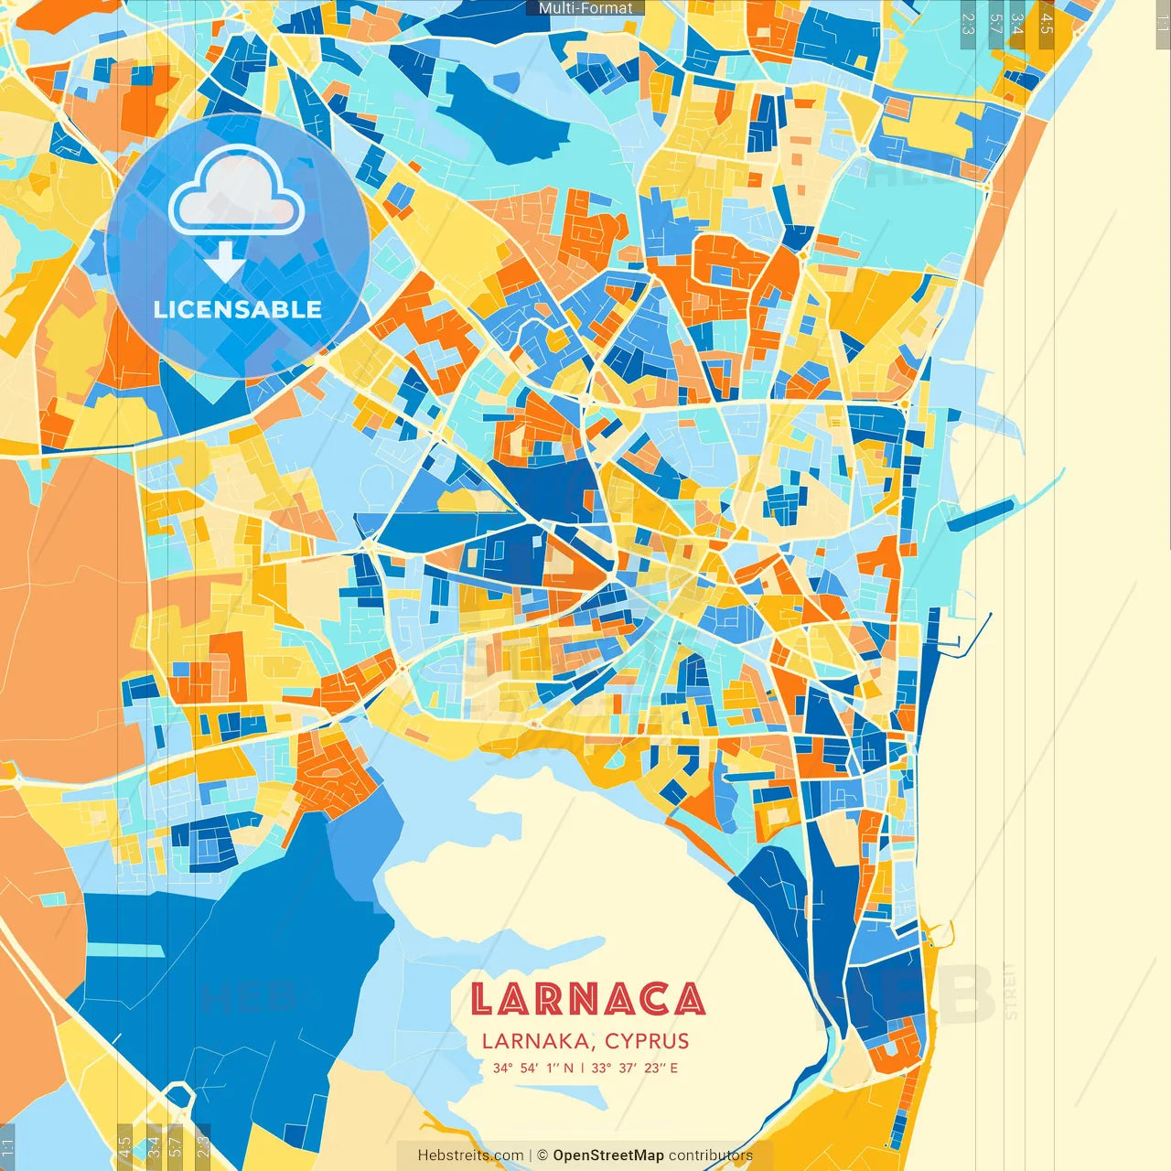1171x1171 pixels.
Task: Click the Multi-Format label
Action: [585, 8]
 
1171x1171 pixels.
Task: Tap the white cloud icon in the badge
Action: [236, 193]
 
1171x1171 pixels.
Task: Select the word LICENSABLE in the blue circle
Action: [238, 309]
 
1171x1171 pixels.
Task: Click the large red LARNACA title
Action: [587, 1000]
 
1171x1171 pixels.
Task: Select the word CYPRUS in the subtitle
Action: [647, 1041]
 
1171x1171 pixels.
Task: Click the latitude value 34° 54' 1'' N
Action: [533, 1068]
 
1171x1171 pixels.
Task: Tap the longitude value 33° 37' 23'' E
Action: [634, 1068]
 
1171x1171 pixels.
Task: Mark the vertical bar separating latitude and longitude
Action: [583, 1068]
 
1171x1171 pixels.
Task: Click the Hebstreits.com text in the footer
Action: [470, 1155]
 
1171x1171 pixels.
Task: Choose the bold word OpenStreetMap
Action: [608, 1155]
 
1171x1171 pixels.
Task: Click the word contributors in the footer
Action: [711, 1155]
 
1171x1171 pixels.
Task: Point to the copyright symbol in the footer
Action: [542, 1155]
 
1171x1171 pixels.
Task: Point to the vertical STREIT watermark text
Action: [1010, 991]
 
